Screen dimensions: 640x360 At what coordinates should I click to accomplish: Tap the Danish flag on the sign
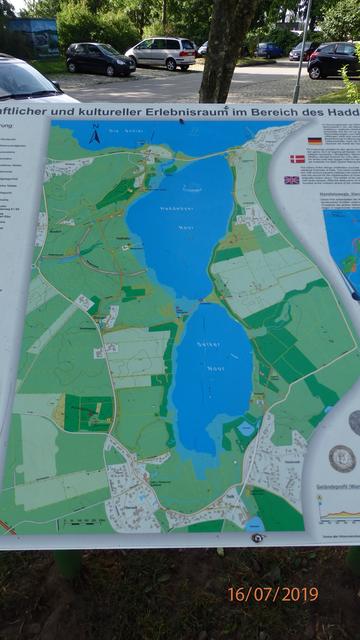tap(297, 159)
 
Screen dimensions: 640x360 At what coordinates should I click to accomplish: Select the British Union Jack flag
tap(291, 180)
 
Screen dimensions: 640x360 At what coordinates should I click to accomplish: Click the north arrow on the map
tap(94, 134)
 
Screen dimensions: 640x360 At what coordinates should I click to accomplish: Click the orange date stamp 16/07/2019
tap(272, 594)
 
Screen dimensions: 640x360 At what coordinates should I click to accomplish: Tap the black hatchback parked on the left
tap(99, 59)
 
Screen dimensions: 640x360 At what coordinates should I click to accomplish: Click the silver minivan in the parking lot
tap(161, 53)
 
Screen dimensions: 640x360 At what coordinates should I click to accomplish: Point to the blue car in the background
tap(268, 50)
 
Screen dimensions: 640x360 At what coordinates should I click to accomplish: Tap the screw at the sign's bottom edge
tap(258, 538)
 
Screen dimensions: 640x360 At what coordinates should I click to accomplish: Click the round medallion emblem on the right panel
tap(342, 458)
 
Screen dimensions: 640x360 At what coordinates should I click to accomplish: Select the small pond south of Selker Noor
tap(245, 429)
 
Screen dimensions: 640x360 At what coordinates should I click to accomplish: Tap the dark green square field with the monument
tap(88, 412)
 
